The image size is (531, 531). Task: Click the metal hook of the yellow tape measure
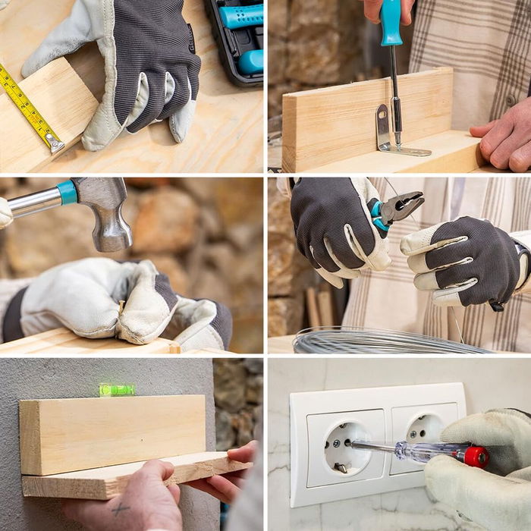point(54,142)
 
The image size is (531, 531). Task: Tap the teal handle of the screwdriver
point(391,23)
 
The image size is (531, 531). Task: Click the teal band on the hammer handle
point(68,193)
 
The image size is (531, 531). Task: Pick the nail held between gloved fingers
point(121,308)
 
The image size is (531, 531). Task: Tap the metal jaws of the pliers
point(402,206)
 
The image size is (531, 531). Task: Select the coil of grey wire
point(379,341)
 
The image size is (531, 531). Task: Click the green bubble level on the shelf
point(117,390)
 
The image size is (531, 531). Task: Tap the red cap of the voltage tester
point(476,457)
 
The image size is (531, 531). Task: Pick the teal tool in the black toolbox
point(241,17)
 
